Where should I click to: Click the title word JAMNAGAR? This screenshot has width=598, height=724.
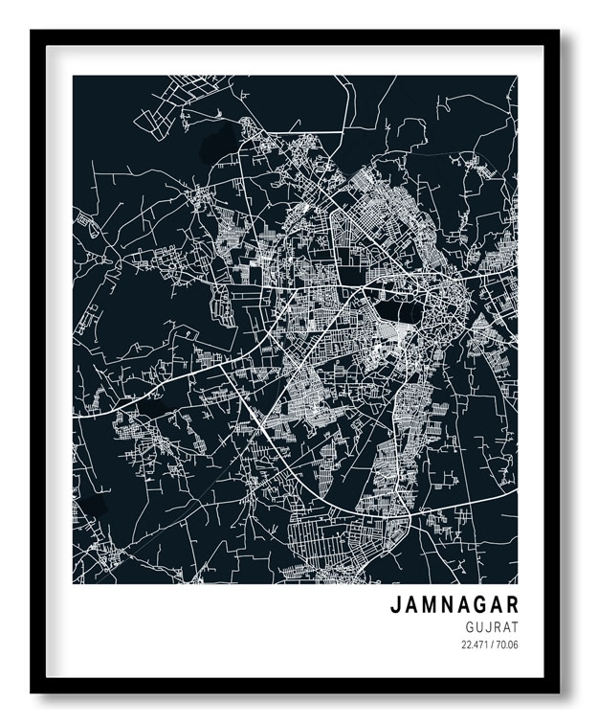454,605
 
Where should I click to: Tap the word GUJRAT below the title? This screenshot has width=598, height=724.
492,626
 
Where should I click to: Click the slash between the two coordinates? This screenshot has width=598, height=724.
492,644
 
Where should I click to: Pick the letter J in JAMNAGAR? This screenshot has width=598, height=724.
394,605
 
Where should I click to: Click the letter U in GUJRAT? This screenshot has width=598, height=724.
480,626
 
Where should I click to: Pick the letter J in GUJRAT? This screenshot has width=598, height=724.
489,626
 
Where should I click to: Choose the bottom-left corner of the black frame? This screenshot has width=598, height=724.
32,691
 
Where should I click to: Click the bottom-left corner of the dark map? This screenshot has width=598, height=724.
74,583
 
